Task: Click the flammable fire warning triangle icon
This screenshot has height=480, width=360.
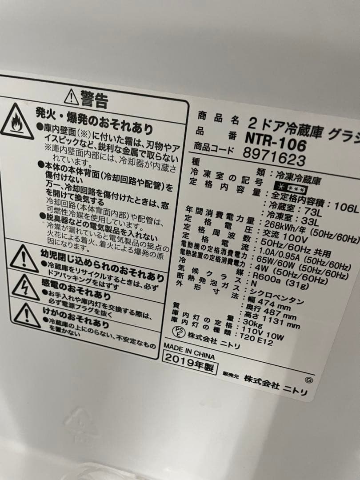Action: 16,121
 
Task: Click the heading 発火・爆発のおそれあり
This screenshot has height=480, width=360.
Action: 94,122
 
